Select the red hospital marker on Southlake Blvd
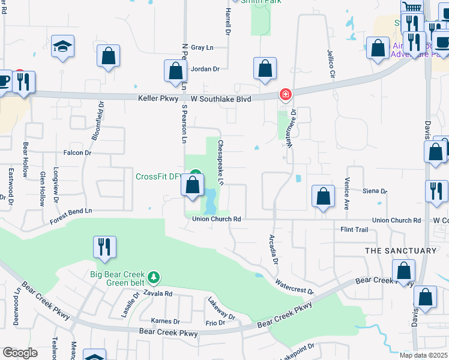coord(285,95)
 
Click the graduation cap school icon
coord(62,47)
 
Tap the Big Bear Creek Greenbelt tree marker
coord(155,277)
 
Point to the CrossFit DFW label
coord(158,176)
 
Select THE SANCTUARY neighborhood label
coord(400,250)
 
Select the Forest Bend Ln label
coord(71,211)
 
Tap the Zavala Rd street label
coord(157,293)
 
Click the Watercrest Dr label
coord(294,286)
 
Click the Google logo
coord(20,352)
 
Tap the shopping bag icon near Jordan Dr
coord(175,71)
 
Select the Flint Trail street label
coord(354,230)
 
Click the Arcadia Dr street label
coord(274,250)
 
